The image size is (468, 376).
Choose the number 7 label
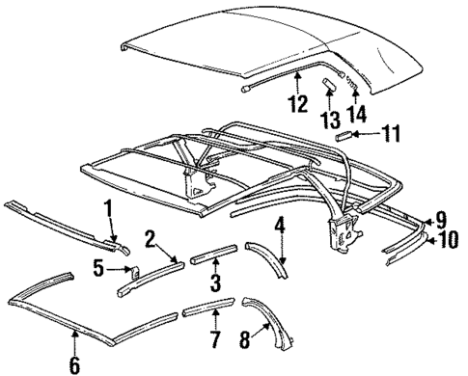[x=215, y=339]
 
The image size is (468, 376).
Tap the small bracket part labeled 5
[x=133, y=272]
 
